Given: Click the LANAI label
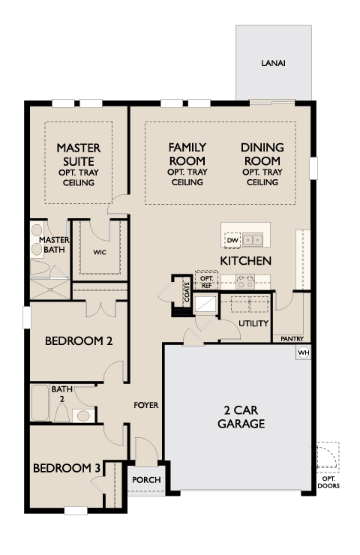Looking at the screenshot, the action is [273, 63].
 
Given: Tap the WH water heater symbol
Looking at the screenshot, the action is [304, 352].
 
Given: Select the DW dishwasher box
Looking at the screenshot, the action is [232, 240].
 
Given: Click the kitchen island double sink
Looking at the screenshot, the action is [253, 240].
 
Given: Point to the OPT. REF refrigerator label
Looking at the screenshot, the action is [206, 282].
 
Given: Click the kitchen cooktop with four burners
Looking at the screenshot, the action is [245, 281].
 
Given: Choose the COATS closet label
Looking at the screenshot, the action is [187, 292].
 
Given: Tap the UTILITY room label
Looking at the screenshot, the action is [253, 323].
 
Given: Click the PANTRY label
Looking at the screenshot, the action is [292, 339].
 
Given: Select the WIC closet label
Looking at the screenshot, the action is [100, 252].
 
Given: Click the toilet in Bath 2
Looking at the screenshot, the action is [62, 412].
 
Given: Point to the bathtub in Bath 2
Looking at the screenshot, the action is [40, 403].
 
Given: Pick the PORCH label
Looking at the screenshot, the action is [146, 480].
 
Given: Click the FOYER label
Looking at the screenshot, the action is [145, 405].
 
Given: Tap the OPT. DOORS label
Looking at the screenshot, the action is [328, 482].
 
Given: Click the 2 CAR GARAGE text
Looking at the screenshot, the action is [241, 417].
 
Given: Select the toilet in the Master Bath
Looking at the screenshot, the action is [39, 268].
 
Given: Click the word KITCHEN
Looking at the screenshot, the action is [246, 261].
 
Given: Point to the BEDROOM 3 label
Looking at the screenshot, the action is [67, 468].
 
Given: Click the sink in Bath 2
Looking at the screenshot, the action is [83, 415].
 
